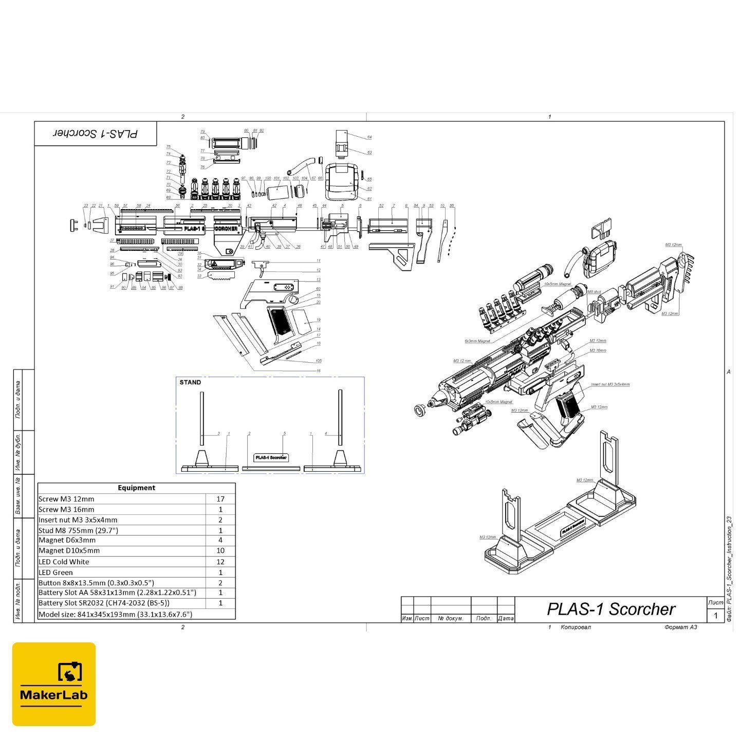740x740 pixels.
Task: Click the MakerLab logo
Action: [x=54, y=683]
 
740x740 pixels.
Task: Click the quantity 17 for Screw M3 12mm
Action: [x=220, y=498]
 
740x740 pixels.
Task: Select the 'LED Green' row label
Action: [x=56, y=572]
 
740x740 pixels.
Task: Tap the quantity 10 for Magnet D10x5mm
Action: [x=220, y=550]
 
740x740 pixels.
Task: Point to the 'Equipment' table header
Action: [x=136, y=488]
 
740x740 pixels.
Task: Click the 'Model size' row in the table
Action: [x=115, y=614]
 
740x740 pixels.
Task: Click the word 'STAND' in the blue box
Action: [x=190, y=382]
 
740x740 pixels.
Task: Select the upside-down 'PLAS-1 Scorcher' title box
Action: [x=96, y=134]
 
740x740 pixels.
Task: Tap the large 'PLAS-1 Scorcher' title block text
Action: [x=610, y=609]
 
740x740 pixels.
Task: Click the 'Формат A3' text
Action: [x=680, y=627]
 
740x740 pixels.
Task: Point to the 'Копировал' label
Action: [x=576, y=627]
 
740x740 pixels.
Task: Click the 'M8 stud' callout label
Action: [x=594, y=292]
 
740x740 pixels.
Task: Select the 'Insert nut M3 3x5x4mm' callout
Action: [x=610, y=384]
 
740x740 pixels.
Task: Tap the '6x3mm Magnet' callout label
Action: [x=477, y=341]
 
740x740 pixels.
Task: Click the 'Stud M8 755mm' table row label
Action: [x=78, y=530]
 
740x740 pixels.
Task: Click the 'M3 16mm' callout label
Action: [x=598, y=350]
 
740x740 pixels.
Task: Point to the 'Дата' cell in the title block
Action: [x=506, y=618]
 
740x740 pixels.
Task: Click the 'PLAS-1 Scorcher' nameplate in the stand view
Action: [x=271, y=457]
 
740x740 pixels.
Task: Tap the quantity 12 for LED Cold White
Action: [x=220, y=562]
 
